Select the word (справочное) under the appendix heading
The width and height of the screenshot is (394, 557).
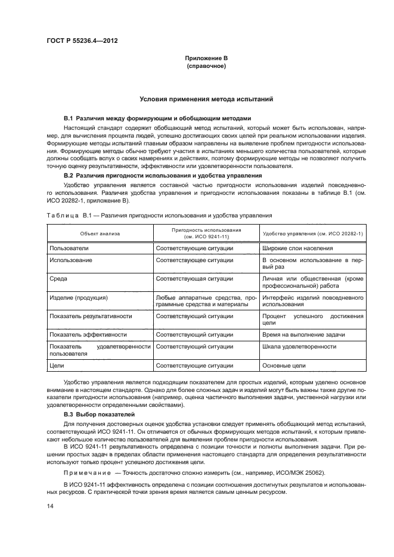(206, 67)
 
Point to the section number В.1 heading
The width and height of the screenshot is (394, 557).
(72, 119)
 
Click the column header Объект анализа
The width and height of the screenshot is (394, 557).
(101, 234)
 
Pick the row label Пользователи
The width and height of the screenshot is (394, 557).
(70, 248)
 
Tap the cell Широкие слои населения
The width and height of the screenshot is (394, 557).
(297, 248)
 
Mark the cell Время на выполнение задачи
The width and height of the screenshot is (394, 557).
(303, 335)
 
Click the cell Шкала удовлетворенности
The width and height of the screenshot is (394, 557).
(299, 346)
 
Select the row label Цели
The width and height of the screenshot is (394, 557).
(57, 365)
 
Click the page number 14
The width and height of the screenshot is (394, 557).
(49, 506)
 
